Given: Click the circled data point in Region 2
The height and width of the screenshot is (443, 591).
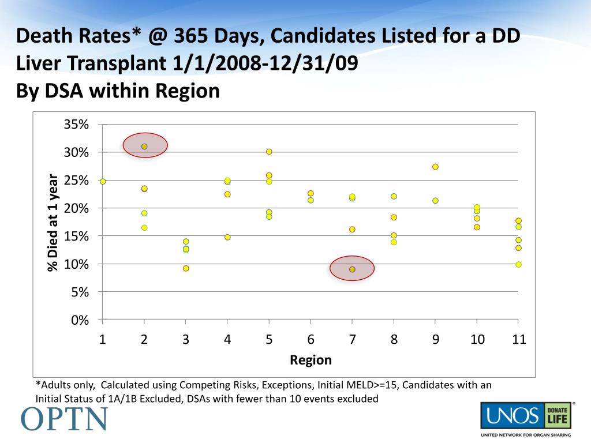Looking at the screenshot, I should point(144,147).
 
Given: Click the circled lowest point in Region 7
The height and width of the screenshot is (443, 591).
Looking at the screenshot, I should point(352,269).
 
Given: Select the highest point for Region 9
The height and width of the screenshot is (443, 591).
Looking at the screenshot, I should point(435,167).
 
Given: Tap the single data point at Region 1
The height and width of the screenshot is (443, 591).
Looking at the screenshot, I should point(103,181).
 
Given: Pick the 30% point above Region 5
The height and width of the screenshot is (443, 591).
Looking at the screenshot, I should point(269,152).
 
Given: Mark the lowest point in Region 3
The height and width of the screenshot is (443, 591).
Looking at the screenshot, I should point(186,268).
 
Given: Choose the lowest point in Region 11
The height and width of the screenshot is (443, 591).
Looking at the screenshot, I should point(518,264).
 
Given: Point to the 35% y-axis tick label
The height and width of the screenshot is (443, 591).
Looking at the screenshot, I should point(77,125).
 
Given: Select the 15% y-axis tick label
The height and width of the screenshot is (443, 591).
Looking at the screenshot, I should point(77,236).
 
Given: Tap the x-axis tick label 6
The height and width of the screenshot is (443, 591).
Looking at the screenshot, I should point(311,339).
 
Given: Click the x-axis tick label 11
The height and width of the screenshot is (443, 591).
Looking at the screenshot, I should point(518,339).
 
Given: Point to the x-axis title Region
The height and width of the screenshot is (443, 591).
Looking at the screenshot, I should point(311,361).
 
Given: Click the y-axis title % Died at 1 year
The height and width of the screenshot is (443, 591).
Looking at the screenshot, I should point(53,222).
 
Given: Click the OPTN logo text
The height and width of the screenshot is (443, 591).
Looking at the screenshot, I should point(65,419).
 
